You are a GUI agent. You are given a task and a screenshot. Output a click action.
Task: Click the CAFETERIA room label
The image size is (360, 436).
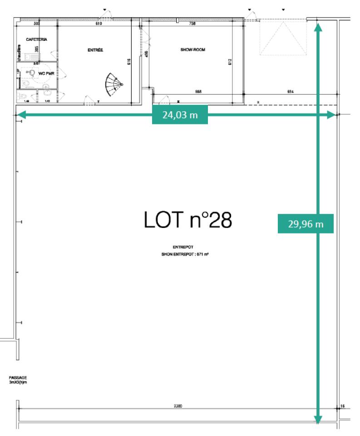pos(37,40)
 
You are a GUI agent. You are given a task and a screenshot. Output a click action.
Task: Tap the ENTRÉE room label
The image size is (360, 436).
pos(95,50)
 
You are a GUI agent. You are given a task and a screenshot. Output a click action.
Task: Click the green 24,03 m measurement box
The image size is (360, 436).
pos(180,115)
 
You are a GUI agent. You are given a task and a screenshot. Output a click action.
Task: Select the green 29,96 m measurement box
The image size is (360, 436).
pos(305,223)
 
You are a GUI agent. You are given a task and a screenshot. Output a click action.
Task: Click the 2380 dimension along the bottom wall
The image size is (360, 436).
pos(178,406)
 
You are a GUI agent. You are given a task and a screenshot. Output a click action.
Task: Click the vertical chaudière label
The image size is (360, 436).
pos(19,53)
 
